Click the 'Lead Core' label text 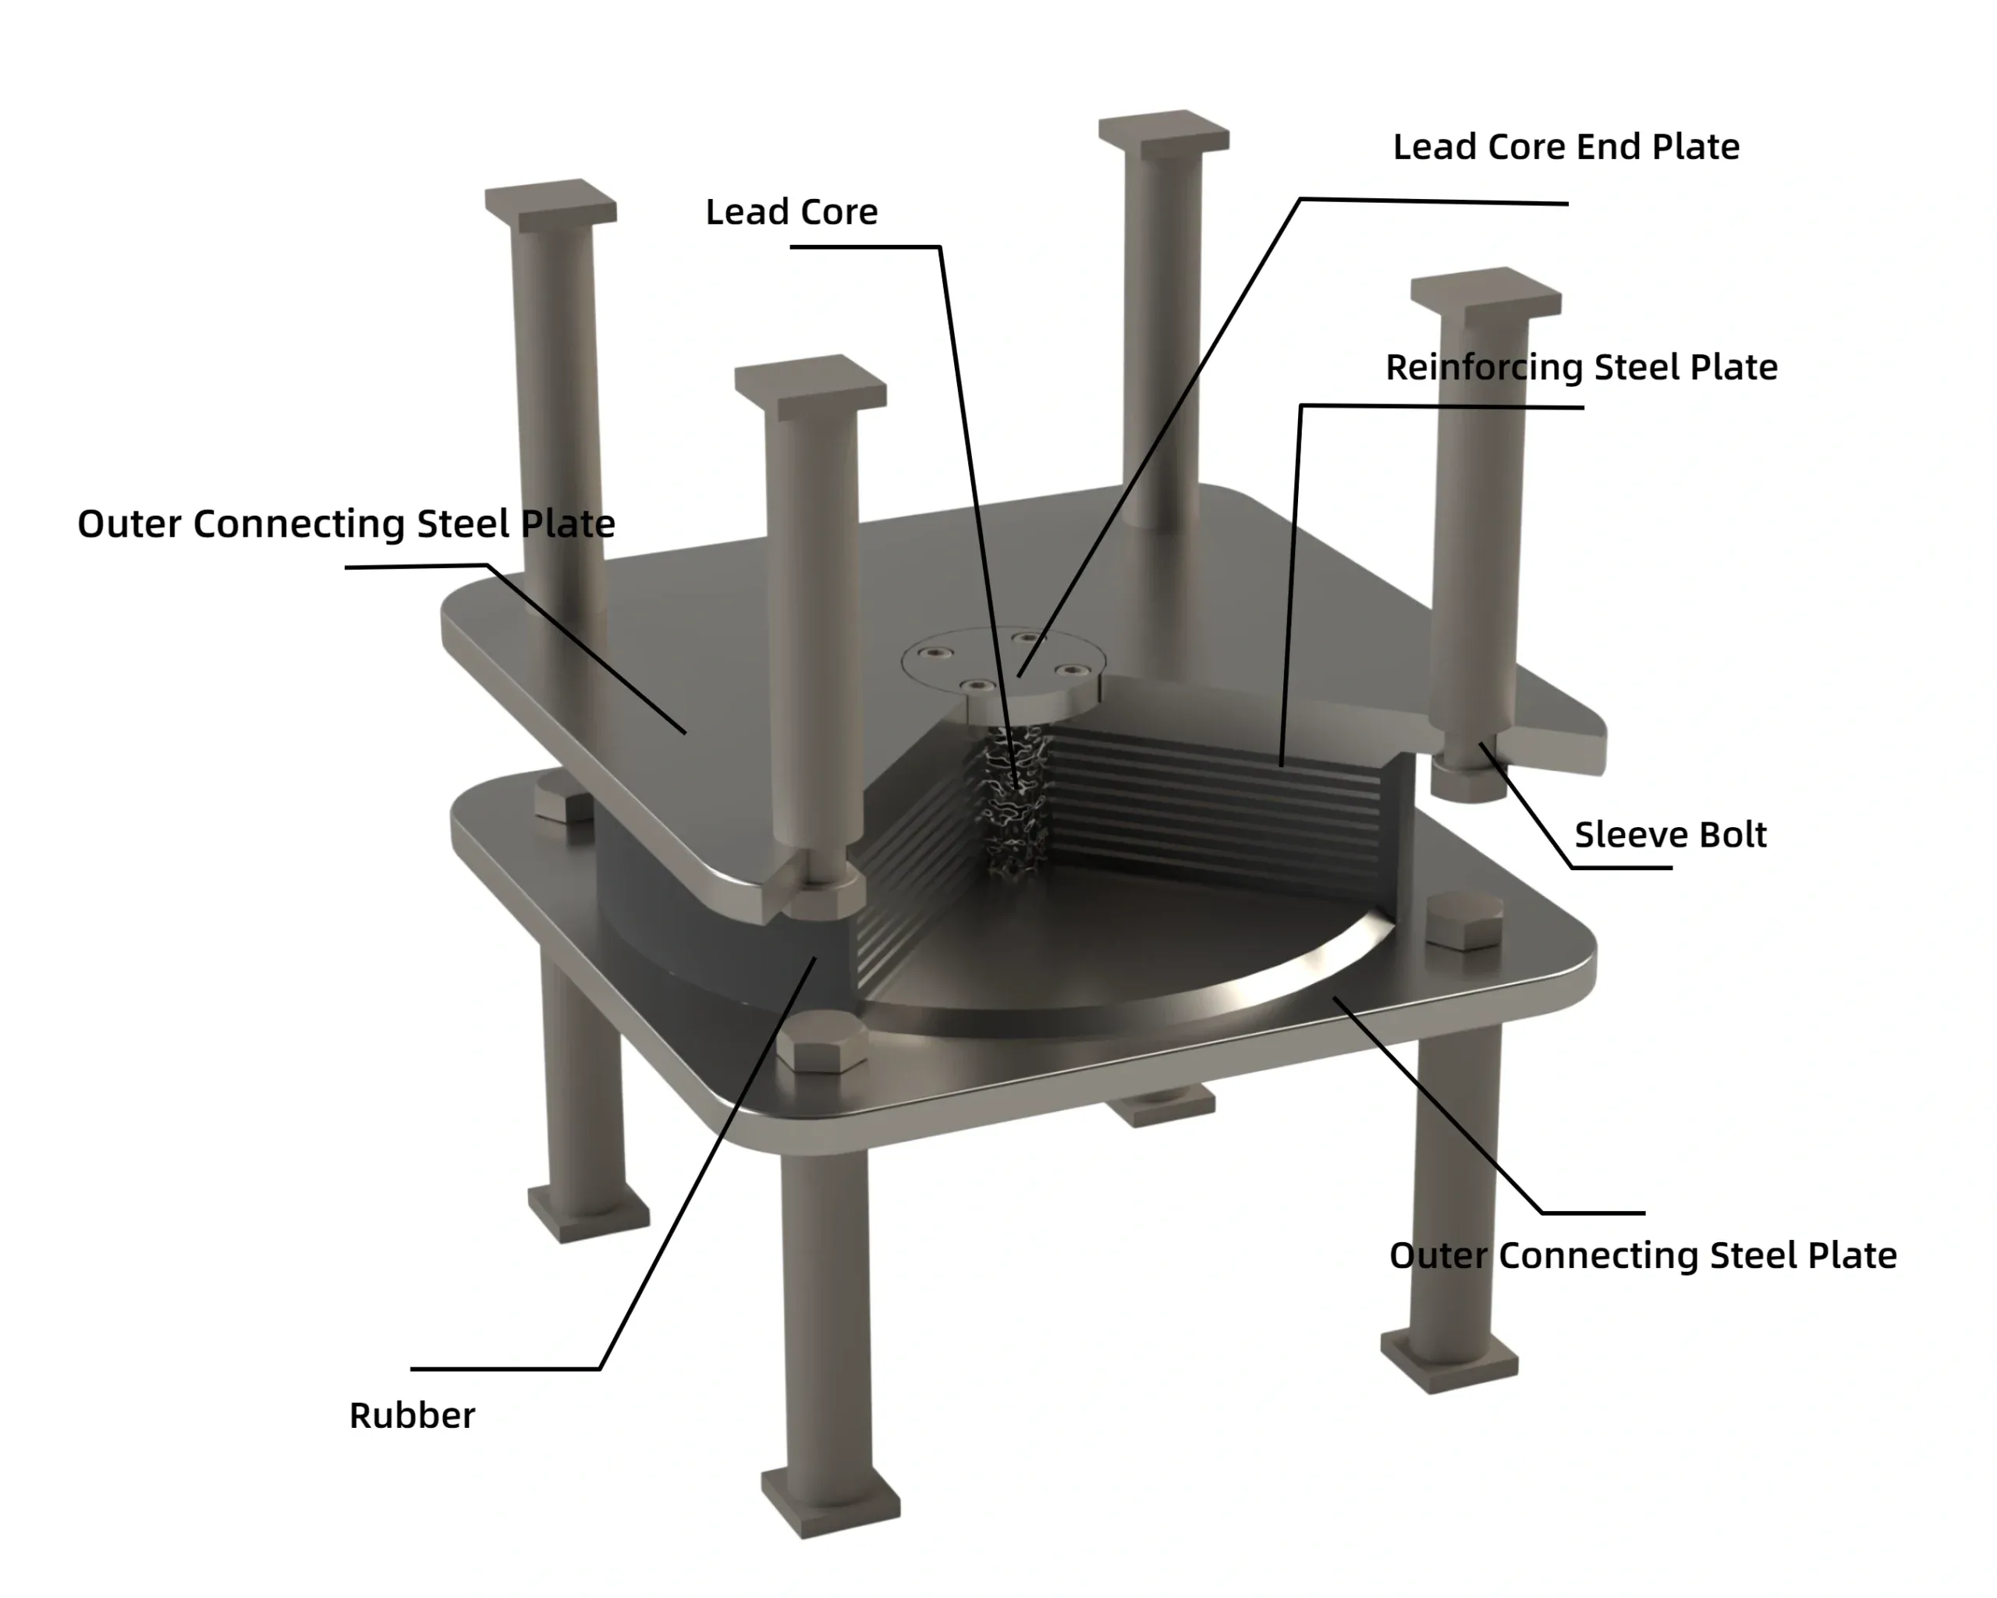point(791,212)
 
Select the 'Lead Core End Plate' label point(1566,147)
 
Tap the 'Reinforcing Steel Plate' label point(1581,368)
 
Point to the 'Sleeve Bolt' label point(1670,835)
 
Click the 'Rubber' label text point(411,1415)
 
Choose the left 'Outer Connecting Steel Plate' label point(346,524)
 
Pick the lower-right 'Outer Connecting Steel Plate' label point(1642,1256)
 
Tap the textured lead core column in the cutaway point(1014,801)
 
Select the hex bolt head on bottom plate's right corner point(1463,920)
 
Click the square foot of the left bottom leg point(588,1211)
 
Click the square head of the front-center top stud point(811,385)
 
